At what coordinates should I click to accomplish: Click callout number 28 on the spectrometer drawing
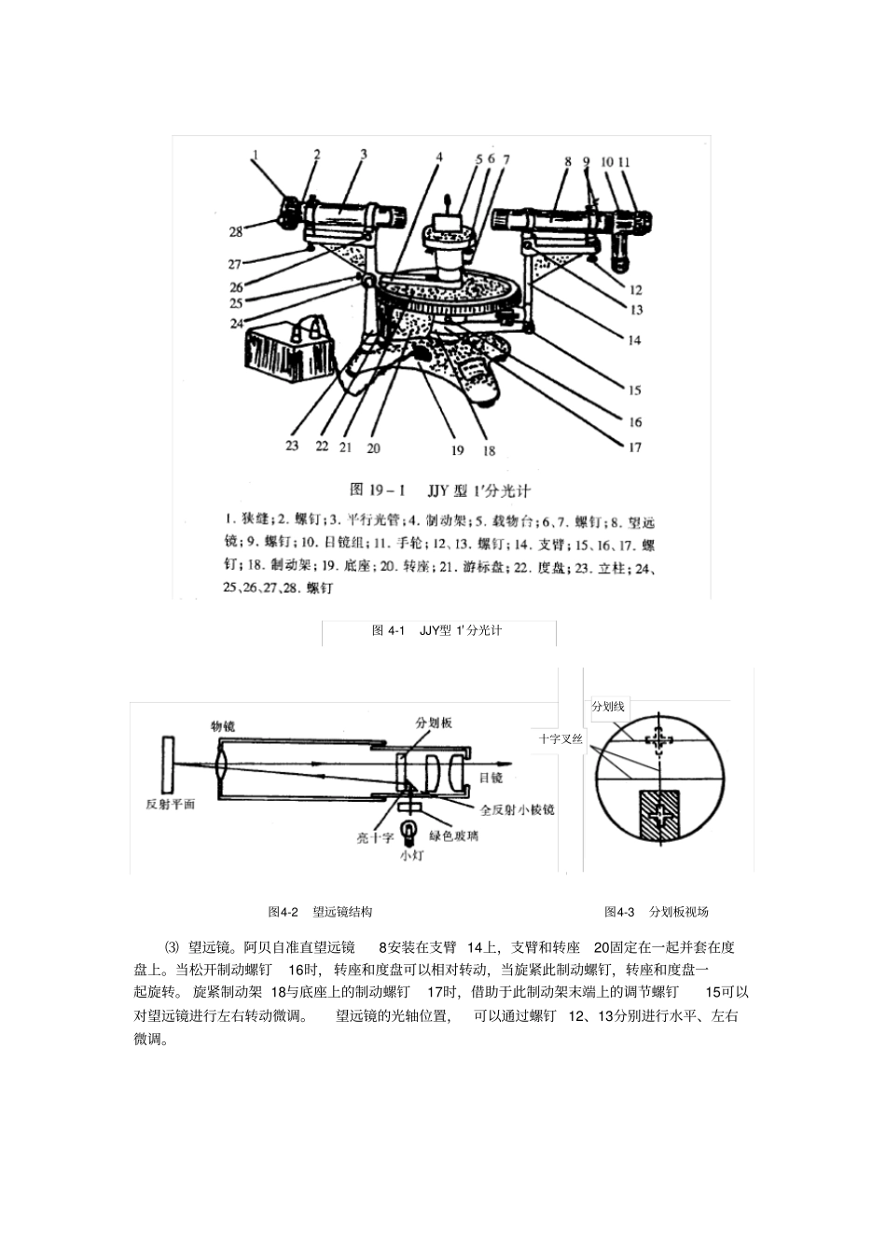[236, 232]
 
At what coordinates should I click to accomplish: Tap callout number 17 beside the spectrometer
[634, 448]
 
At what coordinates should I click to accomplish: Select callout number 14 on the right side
[634, 340]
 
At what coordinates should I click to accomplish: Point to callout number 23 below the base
[292, 446]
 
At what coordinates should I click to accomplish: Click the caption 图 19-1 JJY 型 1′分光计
[439, 490]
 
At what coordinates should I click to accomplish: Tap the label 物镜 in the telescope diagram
[223, 724]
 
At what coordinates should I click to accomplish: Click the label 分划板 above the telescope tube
[434, 723]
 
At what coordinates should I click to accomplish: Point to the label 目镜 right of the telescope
[491, 778]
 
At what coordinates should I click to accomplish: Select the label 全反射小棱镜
[517, 809]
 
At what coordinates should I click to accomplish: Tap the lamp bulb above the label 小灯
[409, 829]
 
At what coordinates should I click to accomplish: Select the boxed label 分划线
[608, 707]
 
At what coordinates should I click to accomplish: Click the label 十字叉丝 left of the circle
[561, 738]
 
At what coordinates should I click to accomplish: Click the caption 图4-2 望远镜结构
[320, 912]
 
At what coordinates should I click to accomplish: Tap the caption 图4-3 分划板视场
[656, 912]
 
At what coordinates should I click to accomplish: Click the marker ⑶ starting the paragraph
[171, 947]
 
